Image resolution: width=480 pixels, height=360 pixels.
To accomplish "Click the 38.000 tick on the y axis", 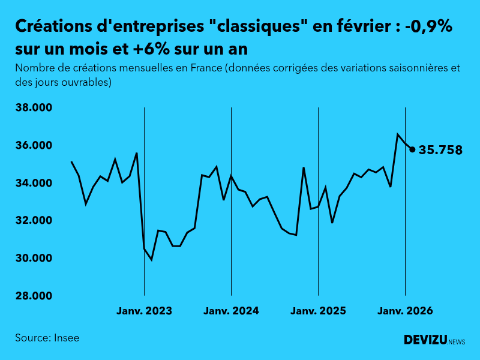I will click(34, 108).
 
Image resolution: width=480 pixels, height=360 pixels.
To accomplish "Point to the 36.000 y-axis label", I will click(34, 146).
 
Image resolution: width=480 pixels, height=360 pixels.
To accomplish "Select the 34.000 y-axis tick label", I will click(34, 183).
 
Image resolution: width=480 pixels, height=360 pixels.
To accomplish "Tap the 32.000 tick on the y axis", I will click(34, 221).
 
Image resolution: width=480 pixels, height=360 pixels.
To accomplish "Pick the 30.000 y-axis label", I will click(34, 259).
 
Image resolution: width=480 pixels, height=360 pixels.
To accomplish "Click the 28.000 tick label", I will click(34, 296).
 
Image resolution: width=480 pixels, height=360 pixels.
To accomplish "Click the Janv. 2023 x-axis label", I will click(144, 311).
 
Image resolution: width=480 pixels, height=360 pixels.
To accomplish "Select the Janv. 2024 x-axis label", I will click(231, 311).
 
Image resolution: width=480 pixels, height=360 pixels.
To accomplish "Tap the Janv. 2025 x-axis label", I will click(318, 311).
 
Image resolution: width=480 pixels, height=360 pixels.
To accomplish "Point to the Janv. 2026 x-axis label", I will click(405, 311).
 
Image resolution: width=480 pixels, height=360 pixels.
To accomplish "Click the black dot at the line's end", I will click(412, 149).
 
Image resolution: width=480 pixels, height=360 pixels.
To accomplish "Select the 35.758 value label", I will click(440, 150).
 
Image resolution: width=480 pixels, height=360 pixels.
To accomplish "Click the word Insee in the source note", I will click(66, 338).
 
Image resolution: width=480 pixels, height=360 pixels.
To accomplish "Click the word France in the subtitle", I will click(205, 68).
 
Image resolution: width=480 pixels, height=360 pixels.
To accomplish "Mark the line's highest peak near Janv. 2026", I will click(398, 134).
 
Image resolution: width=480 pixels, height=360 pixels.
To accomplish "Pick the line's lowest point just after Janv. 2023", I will click(151, 260).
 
